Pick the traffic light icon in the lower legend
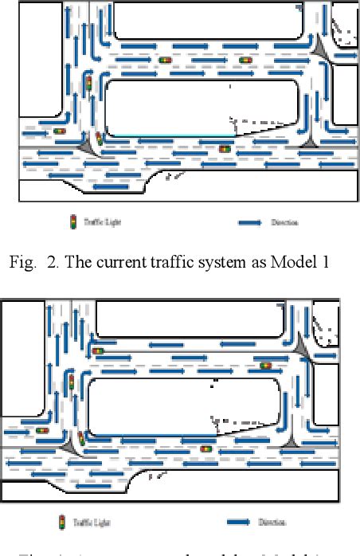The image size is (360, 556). (x=63, y=523)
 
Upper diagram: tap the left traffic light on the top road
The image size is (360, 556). (x=166, y=61)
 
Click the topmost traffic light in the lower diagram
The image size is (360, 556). (x=99, y=350)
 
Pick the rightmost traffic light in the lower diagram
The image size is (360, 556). (x=265, y=366)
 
